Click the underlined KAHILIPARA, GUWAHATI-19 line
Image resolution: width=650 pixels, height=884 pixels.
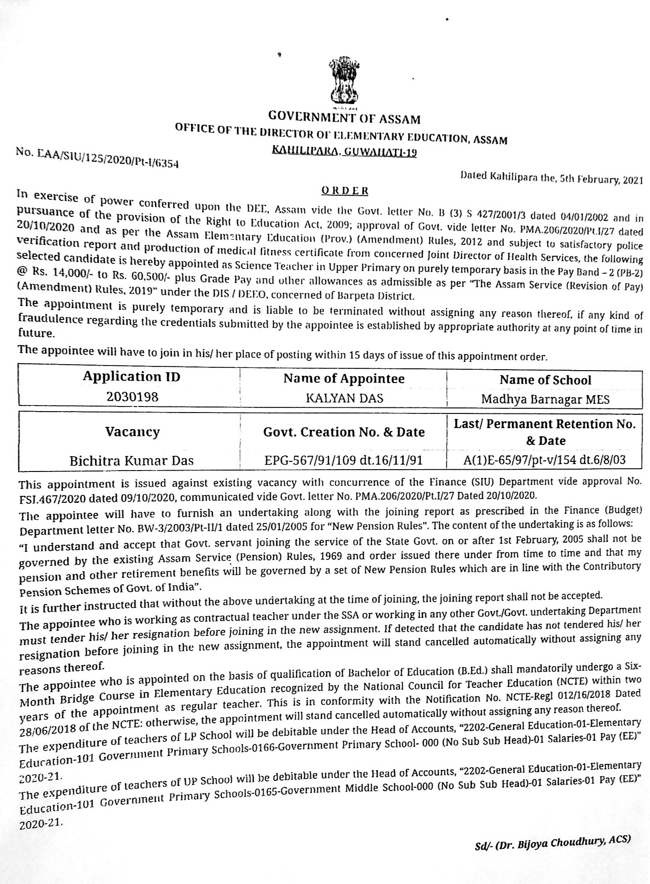click(344, 151)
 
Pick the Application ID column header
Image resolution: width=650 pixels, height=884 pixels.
click(131, 377)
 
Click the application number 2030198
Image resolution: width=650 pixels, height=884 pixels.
click(132, 396)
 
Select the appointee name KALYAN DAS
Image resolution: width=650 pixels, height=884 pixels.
click(345, 398)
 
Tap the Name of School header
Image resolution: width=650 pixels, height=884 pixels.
click(545, 380)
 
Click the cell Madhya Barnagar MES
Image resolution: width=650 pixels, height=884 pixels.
click(545, 399)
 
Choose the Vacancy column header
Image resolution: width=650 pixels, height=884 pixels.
click(132, 432)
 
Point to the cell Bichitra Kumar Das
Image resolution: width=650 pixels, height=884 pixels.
click(131, 460)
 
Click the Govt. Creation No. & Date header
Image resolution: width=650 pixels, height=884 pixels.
click(344, 432)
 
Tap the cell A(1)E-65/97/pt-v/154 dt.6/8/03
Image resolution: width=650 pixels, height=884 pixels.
click(545, 459)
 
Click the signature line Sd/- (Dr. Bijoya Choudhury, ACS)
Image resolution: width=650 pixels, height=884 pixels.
click(552, 843)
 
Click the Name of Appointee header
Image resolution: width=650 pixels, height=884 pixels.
click(344, 378)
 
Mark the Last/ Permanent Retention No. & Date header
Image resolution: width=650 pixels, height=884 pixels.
click(545, 432)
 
